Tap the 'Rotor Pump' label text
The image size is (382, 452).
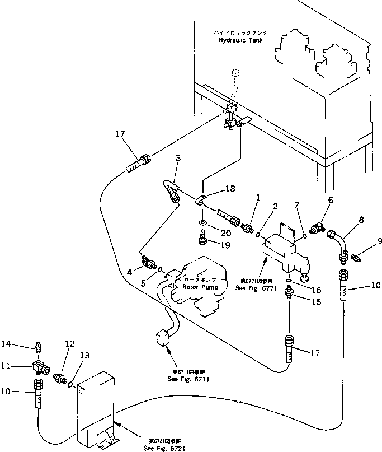pyautogui.click(x=200, y=286)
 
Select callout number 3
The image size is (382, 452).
pyautogui.click(x=178, y=159)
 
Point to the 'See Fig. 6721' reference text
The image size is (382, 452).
pyautogui.click(x=161, y=449)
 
